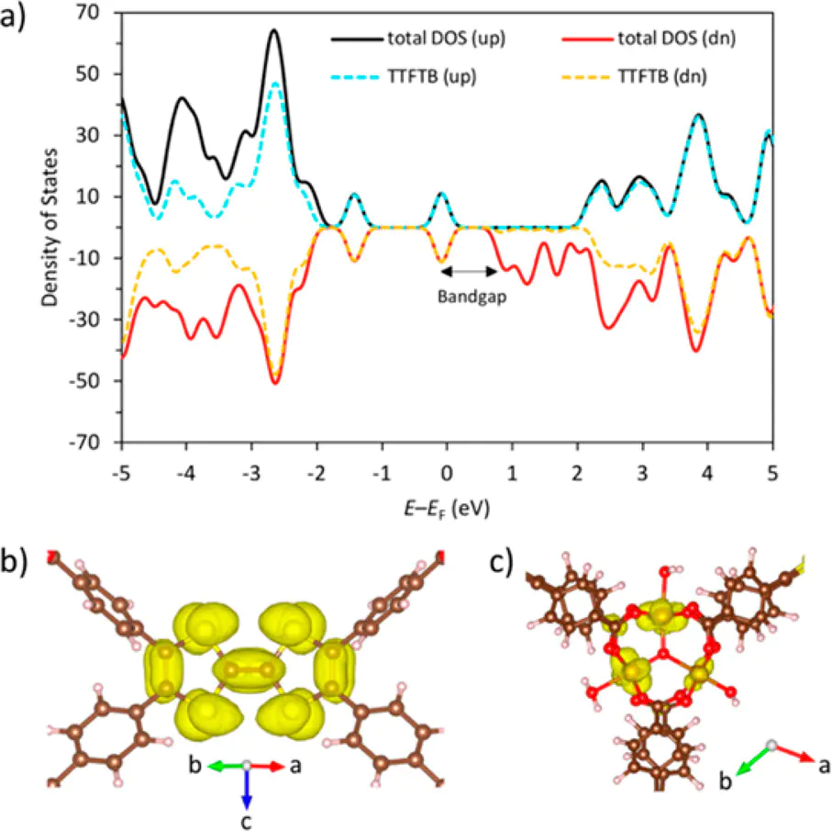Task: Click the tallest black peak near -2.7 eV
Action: (x=272, y=30)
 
